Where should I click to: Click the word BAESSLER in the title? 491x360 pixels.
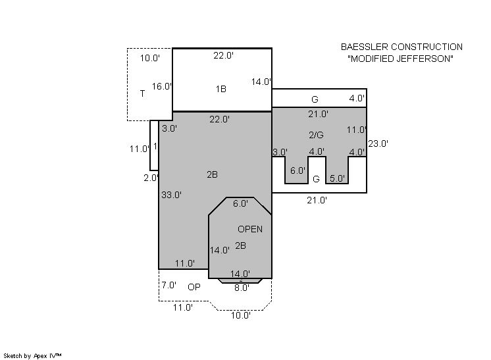(365, 47)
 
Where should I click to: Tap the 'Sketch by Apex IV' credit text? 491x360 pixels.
(32, 356)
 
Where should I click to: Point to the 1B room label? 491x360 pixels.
(220, 90)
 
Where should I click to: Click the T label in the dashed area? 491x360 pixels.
(142, 93)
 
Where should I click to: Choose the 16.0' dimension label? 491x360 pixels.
(162, 87)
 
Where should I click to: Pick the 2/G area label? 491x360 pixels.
(317, 135)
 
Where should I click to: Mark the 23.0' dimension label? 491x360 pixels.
(378, 143)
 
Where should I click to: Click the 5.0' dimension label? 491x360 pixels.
(337, 178)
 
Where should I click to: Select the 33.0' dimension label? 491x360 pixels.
(171, 195)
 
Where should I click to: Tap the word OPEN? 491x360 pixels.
(250, 229)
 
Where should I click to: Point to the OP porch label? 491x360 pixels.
(194, 287)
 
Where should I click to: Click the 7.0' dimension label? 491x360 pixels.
(168, 285)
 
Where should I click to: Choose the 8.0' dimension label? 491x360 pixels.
(242, 288)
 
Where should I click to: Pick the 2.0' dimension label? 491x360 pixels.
(151, 178)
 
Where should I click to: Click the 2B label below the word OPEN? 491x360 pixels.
(240, 245)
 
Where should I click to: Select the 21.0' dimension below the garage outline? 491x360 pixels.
(317, 200)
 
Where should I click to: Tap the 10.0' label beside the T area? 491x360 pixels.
(149, 58)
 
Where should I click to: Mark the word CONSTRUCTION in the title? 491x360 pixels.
(427, 47)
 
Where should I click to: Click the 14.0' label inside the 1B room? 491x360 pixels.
(261, 82)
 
